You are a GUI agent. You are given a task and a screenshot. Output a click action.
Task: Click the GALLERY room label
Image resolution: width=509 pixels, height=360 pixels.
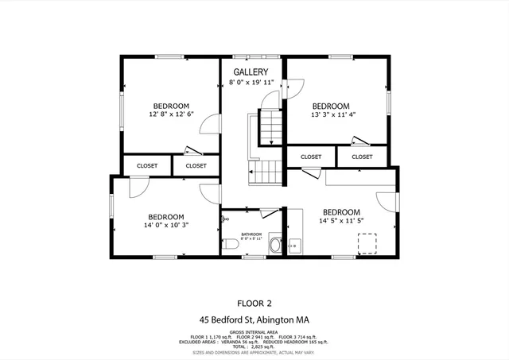(244, 72)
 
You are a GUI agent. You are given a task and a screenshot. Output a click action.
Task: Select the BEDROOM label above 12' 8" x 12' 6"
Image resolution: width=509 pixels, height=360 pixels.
(171, 106)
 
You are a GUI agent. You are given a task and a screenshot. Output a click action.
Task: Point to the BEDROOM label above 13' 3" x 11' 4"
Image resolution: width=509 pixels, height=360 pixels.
(330, 106)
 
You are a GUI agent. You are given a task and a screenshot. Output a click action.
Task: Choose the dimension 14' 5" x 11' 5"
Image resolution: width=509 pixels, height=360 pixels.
(340, 222)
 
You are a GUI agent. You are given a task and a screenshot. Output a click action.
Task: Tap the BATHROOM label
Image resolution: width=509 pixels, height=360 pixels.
(251, 234)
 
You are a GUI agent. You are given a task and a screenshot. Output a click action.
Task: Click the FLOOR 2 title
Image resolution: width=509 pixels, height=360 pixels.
(254, 303)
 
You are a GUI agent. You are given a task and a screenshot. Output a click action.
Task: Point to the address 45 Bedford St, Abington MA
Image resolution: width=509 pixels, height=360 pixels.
(254, 319)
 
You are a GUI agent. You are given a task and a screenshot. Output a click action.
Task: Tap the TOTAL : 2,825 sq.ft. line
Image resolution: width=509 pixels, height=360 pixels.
(254, 347)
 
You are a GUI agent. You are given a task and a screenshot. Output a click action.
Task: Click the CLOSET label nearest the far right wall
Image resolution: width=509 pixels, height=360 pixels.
(362, 157)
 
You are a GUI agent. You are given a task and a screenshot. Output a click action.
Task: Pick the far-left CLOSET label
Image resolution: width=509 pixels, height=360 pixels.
(147, 165)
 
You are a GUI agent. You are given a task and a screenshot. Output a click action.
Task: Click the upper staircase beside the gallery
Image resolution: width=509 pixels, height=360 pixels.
(272, 128)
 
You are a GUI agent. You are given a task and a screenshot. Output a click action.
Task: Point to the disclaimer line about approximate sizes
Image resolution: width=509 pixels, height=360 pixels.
(254, 354)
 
